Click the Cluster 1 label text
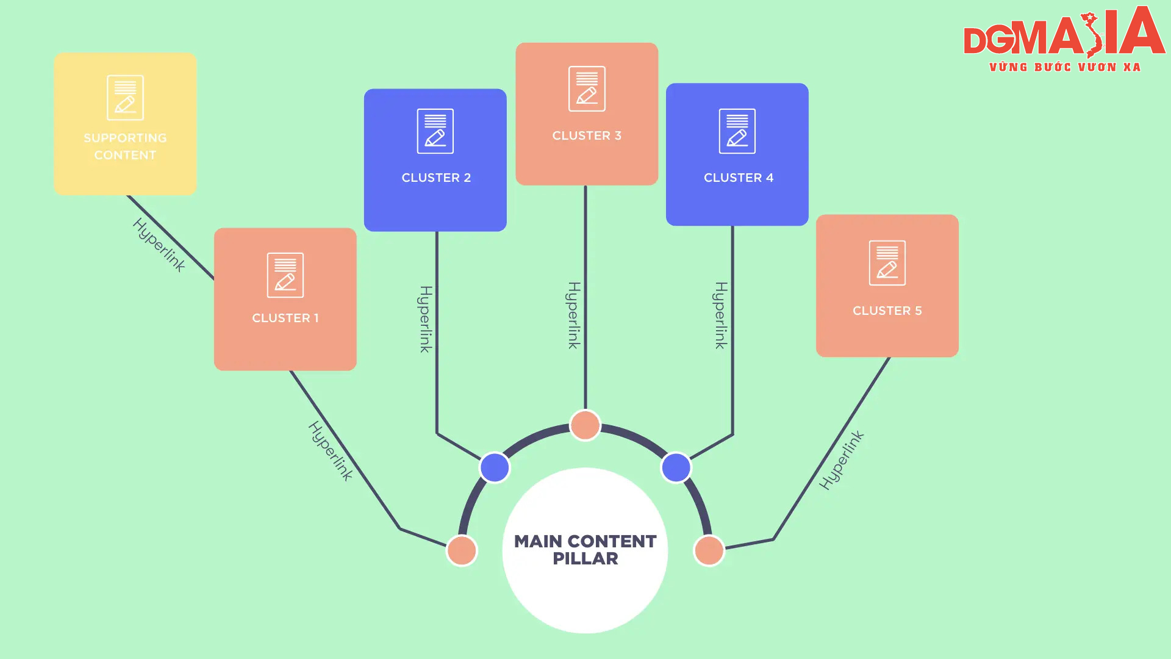285,318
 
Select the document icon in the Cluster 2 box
435,131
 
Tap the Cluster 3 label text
587,135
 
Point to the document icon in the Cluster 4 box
737,131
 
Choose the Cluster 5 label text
887,311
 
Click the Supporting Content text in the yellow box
125,146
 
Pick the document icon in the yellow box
125,98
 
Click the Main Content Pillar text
585,550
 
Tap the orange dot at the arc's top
585,425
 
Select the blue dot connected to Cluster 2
495,467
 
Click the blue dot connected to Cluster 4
676,467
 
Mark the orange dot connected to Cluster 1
462,550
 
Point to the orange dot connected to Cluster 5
709,550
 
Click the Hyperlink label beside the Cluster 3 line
574,315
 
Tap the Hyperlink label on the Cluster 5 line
841,460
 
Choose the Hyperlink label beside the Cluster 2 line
426,319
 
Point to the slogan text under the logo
1065,67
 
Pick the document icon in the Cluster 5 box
887,263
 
